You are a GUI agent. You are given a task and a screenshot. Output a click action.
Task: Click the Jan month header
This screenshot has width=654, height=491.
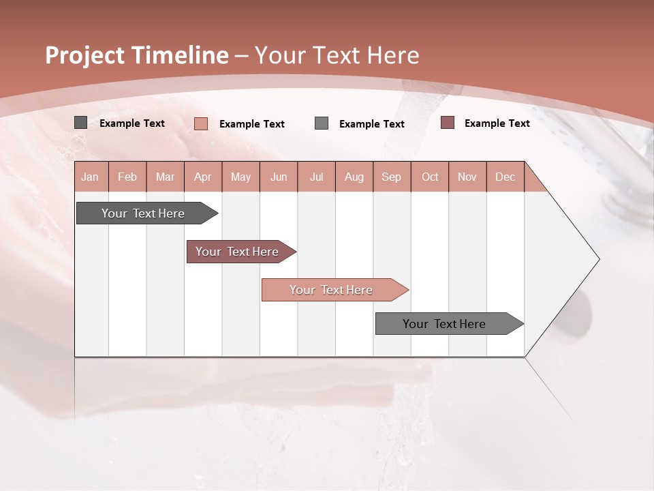pos(90,177)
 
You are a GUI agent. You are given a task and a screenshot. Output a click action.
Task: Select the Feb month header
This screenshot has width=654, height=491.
pos(127,177)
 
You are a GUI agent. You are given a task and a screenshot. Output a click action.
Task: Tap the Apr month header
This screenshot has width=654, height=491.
pos(202,177)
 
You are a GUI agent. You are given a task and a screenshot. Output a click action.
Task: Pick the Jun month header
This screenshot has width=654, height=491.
pos(279,177)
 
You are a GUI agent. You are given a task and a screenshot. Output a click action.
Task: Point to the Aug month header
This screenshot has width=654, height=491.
pos(354,177)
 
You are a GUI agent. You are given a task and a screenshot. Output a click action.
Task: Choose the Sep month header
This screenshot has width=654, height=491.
pos(391,177)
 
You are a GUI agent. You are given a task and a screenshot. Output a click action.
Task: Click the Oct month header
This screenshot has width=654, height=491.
pos(430,177)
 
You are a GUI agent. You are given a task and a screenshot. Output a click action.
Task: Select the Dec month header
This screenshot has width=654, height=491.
pos(505,177)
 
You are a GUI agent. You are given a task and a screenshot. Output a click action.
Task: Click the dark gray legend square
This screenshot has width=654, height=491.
pos(80,123)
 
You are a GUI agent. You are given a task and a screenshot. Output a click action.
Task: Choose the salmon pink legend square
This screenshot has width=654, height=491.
pos(201,123)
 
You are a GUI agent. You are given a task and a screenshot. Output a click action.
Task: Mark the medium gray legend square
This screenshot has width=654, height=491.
pos(322,123)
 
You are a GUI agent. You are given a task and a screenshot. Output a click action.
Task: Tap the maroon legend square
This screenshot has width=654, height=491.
pos(448,123)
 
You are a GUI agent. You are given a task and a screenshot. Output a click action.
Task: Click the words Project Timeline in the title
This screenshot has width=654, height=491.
pos(137,55)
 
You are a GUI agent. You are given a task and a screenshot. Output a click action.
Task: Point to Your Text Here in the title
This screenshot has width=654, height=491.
pos(337,55)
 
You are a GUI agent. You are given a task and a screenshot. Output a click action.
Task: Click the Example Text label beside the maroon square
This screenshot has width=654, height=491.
pos(497,123)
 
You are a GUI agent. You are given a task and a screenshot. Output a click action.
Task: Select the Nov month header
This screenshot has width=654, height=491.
pos(467,177)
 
